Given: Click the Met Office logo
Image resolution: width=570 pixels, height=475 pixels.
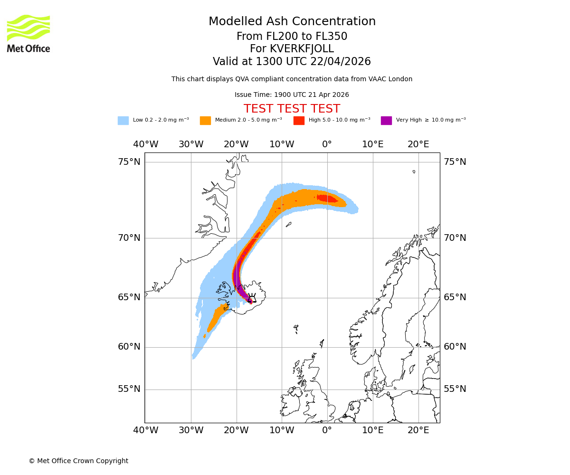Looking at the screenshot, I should point(28,33).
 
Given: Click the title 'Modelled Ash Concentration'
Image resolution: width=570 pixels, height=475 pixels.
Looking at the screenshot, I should point(292,22).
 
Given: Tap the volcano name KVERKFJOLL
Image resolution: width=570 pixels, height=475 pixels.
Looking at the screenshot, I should point(302,49).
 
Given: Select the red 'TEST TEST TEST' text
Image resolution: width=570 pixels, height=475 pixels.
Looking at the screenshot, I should point(292,109).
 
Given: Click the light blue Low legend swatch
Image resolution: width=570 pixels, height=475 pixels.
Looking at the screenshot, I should point(123,121).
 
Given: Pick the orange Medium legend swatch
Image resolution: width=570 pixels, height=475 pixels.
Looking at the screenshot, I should point(205,121).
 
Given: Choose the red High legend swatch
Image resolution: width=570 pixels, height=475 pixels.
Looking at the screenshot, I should point(299,121).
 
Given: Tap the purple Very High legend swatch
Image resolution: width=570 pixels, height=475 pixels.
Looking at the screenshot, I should point(386,121).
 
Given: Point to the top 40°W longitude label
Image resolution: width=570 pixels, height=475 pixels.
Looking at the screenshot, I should point(145,144).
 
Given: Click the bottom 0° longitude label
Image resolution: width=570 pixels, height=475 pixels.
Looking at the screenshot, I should point(327,430).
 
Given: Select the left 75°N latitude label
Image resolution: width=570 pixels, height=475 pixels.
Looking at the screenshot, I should point(129,162).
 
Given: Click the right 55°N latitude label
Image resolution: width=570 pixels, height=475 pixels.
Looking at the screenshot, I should point(455,389).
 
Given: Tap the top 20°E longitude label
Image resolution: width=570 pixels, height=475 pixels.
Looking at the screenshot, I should point(418,144).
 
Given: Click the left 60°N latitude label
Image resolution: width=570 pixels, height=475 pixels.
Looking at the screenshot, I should point(129,347).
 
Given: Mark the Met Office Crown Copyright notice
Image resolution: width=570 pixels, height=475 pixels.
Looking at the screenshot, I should point(78,461).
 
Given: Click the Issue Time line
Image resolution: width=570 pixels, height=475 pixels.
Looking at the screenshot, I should point(292,95).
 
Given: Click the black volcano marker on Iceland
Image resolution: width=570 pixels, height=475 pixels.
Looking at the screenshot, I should point(252,298).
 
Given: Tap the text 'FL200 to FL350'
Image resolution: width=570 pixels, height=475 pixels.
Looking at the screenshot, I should point(309,37).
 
